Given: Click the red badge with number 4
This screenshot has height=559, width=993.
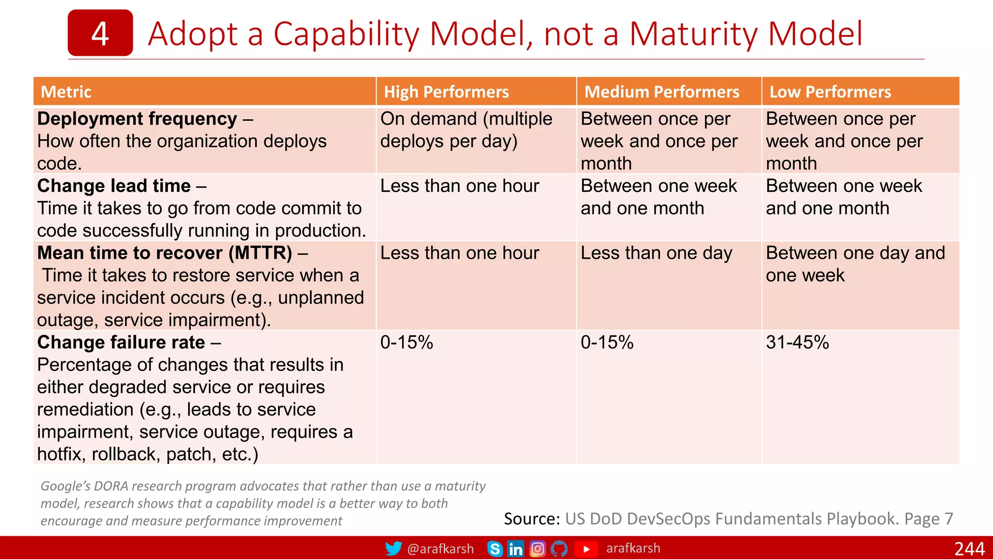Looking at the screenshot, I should click(x=100, y=33).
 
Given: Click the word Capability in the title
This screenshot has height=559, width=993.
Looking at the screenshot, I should click(x=346, y=34).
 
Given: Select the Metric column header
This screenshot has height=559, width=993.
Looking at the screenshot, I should click(x=66, y=92).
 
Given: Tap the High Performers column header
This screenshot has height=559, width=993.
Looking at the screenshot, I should click(x=446, y=92).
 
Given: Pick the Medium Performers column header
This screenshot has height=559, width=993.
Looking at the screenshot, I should click(x=661, y=92).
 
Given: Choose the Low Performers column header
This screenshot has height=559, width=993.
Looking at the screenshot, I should click(x=830, y=92).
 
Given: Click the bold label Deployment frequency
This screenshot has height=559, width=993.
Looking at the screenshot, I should click(x=137, y=119).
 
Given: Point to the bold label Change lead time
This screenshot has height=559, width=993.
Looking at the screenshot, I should click(x=114, y=186).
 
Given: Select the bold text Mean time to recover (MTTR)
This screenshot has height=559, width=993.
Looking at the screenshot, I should click(x=165, y=253).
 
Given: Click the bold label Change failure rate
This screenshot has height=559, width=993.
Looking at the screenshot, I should click(x=121, y=342).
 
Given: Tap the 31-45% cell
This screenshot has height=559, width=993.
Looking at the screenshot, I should click(x=797, y=342).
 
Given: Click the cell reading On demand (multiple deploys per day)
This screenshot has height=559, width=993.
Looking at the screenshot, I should click(x=465, y=130).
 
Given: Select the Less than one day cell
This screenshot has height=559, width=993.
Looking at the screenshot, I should click(x=656, y=253).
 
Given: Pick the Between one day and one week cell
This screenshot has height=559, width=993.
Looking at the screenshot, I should click(x=855, y=264).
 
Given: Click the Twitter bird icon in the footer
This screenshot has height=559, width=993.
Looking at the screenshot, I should click(x=393, y=548).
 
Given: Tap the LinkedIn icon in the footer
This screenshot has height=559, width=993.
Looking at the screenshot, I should click(x=515, y=548).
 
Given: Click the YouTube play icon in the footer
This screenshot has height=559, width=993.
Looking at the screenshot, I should click(x=586, y=549).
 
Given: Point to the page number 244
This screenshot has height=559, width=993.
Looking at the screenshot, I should click(x=969, y=548).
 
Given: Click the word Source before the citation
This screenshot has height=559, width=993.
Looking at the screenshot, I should click(x=531, y=519).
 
